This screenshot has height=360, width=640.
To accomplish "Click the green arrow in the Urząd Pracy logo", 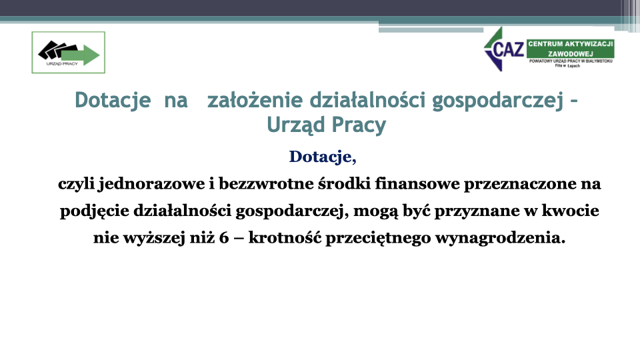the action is point(81,55).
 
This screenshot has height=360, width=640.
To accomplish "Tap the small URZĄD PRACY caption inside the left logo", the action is point(62,64).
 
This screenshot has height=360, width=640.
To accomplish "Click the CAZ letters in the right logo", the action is point(509,49).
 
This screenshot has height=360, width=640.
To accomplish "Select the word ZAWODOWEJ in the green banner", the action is point(570,53).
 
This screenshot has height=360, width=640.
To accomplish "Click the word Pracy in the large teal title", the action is point(359,125).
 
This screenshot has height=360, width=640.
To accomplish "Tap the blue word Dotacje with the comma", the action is point(323,157).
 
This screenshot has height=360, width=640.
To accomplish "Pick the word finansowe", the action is point(417,184).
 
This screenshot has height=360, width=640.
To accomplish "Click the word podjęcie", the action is point(95,211).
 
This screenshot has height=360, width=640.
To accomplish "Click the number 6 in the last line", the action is point(224,237).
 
